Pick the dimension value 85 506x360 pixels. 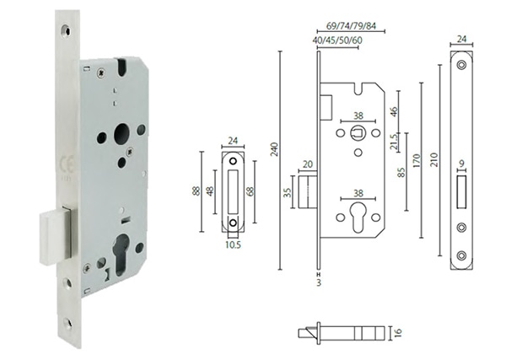pyautogui.click(x=402, y=173)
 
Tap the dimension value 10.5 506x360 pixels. pyautogui.click(x=233, y=247)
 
